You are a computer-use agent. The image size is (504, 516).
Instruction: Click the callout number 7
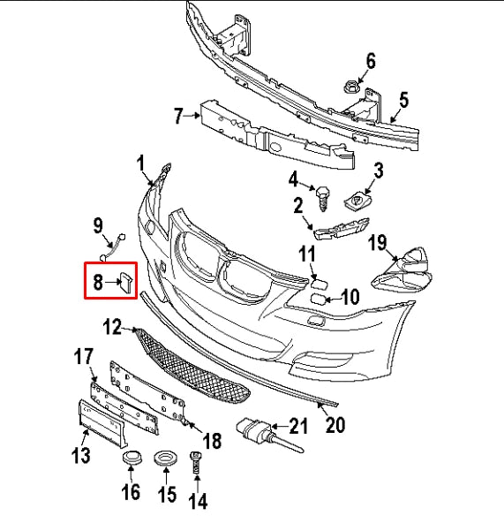click(179, 115)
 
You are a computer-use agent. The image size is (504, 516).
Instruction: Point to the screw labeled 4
click(322, 193)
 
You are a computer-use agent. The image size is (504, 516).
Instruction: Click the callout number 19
click(378, 242)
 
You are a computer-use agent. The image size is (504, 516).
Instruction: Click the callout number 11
click(306, 255)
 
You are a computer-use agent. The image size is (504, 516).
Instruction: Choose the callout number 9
click(98, 226)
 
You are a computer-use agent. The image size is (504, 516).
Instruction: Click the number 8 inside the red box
click(99, 283)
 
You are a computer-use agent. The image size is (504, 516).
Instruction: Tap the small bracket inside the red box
click(125, 282)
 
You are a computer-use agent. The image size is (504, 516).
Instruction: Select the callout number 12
click(111, 328)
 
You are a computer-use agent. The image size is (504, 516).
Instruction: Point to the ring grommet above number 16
click(132, 460)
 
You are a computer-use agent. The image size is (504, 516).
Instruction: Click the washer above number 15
click(163, 460)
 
